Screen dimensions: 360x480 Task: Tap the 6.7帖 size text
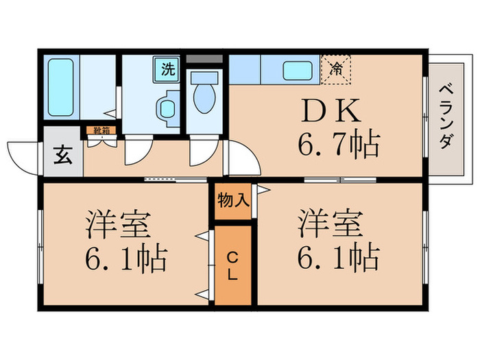pos(339,144)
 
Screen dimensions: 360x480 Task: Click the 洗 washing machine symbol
pos(167,69)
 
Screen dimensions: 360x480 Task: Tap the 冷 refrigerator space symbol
pos(336,69)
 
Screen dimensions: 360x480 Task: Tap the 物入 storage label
pos(232,201)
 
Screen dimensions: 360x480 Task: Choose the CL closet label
pos(232,266)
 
